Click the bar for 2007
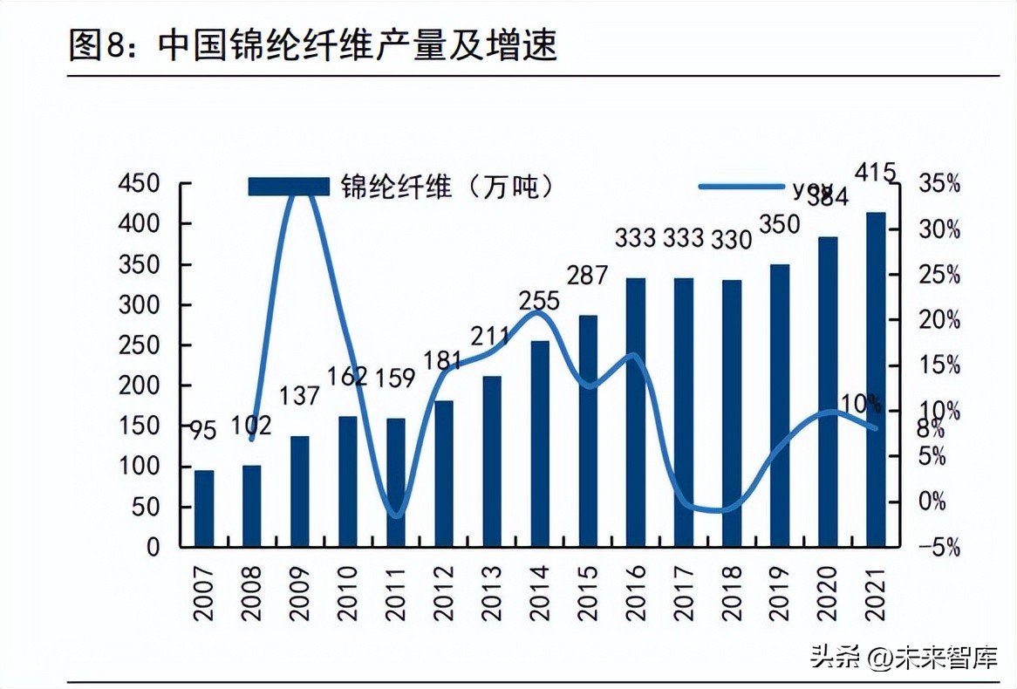click(x=203, y=508)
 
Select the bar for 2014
click(x=540, y=443)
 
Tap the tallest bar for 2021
click(x=875, y=379)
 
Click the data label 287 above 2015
click(x=587, y=276)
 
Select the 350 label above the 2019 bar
click(x=779, y=225)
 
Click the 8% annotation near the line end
click(x=929, y=429)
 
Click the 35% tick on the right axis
click(x=939, y=184)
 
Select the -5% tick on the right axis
click(x=939, y=548)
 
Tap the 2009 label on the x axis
click(x=299, y=592)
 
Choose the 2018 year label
click(x=731, y=592)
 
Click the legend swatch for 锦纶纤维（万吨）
click(x=288, y=186)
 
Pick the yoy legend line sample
click(x=741, y=186)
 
